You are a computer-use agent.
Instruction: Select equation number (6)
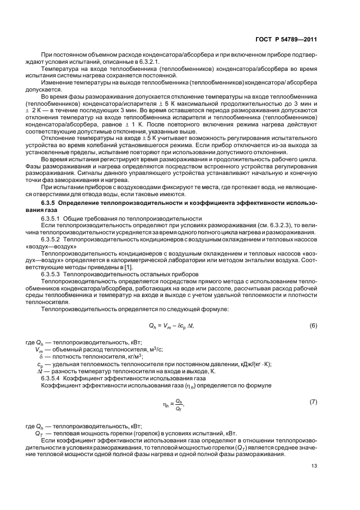tap(313, 325)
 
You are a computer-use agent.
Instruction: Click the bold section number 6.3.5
tap(43, 203)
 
